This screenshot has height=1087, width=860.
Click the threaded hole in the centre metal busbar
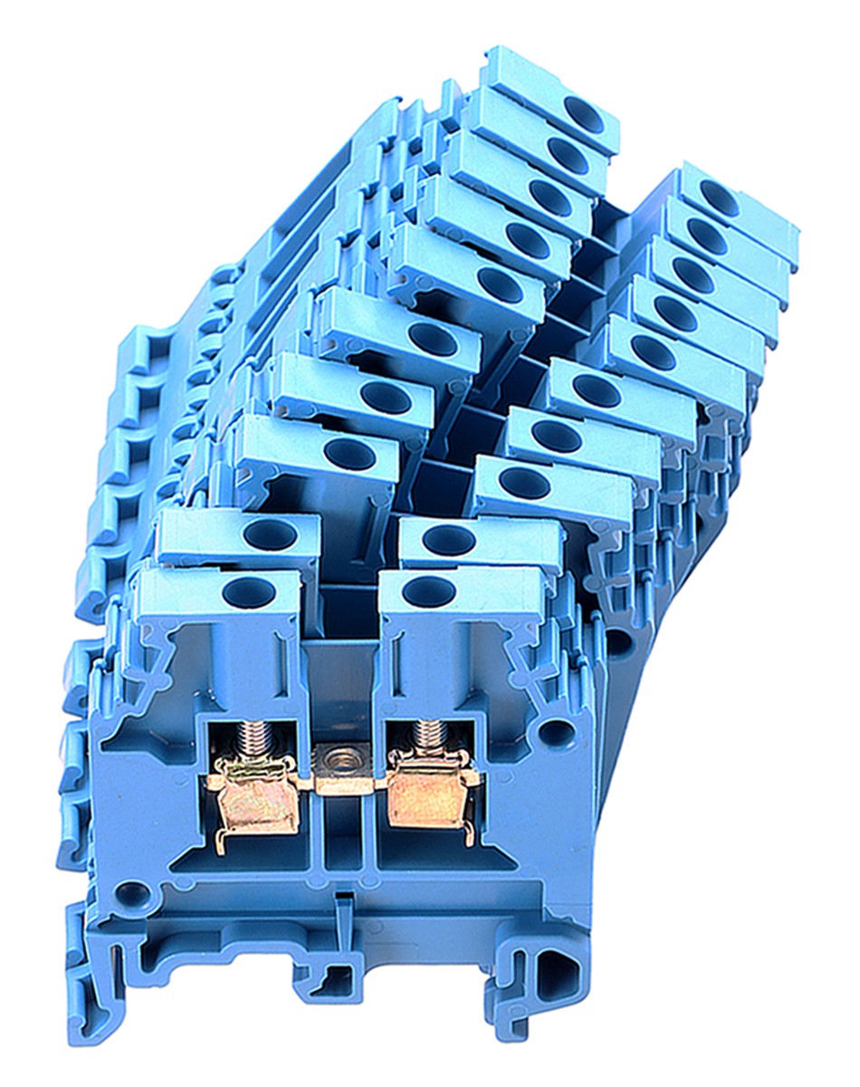(x=341, y=758)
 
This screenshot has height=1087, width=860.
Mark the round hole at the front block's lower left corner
(x=133, y=895)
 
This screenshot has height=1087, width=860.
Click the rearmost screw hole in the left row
(x=584, y=113)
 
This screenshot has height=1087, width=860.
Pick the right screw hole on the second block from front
(x=449, y=540)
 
